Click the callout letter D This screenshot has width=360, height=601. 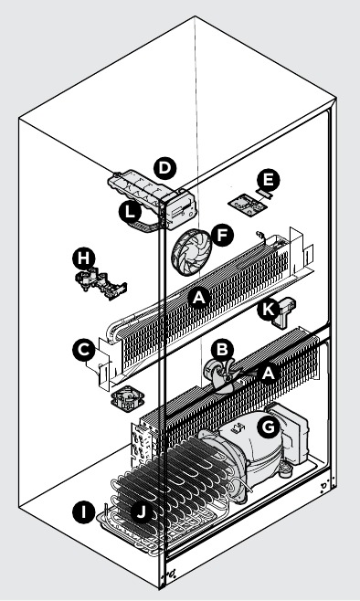point(164,168)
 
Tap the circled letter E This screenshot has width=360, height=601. point(269,179)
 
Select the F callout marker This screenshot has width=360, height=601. point(222,235)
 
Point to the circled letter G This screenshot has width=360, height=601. point(269,427)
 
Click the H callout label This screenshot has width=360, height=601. point(83,259)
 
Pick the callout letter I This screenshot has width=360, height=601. point(83,511)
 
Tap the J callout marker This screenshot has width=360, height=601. point(142,511)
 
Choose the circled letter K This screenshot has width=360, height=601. point(269,310)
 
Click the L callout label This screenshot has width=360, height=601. point(131,212)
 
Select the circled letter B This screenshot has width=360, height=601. point(223,350)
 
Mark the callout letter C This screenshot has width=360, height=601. point(83,350)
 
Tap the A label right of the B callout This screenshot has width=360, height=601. point(269,373)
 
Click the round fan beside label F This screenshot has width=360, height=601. point(191,251)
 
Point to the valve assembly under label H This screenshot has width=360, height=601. point(101,283)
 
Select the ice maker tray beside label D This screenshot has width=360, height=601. point(154,199)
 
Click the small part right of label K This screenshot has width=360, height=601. point(284,313)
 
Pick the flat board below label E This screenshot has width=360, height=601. point(248,206)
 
